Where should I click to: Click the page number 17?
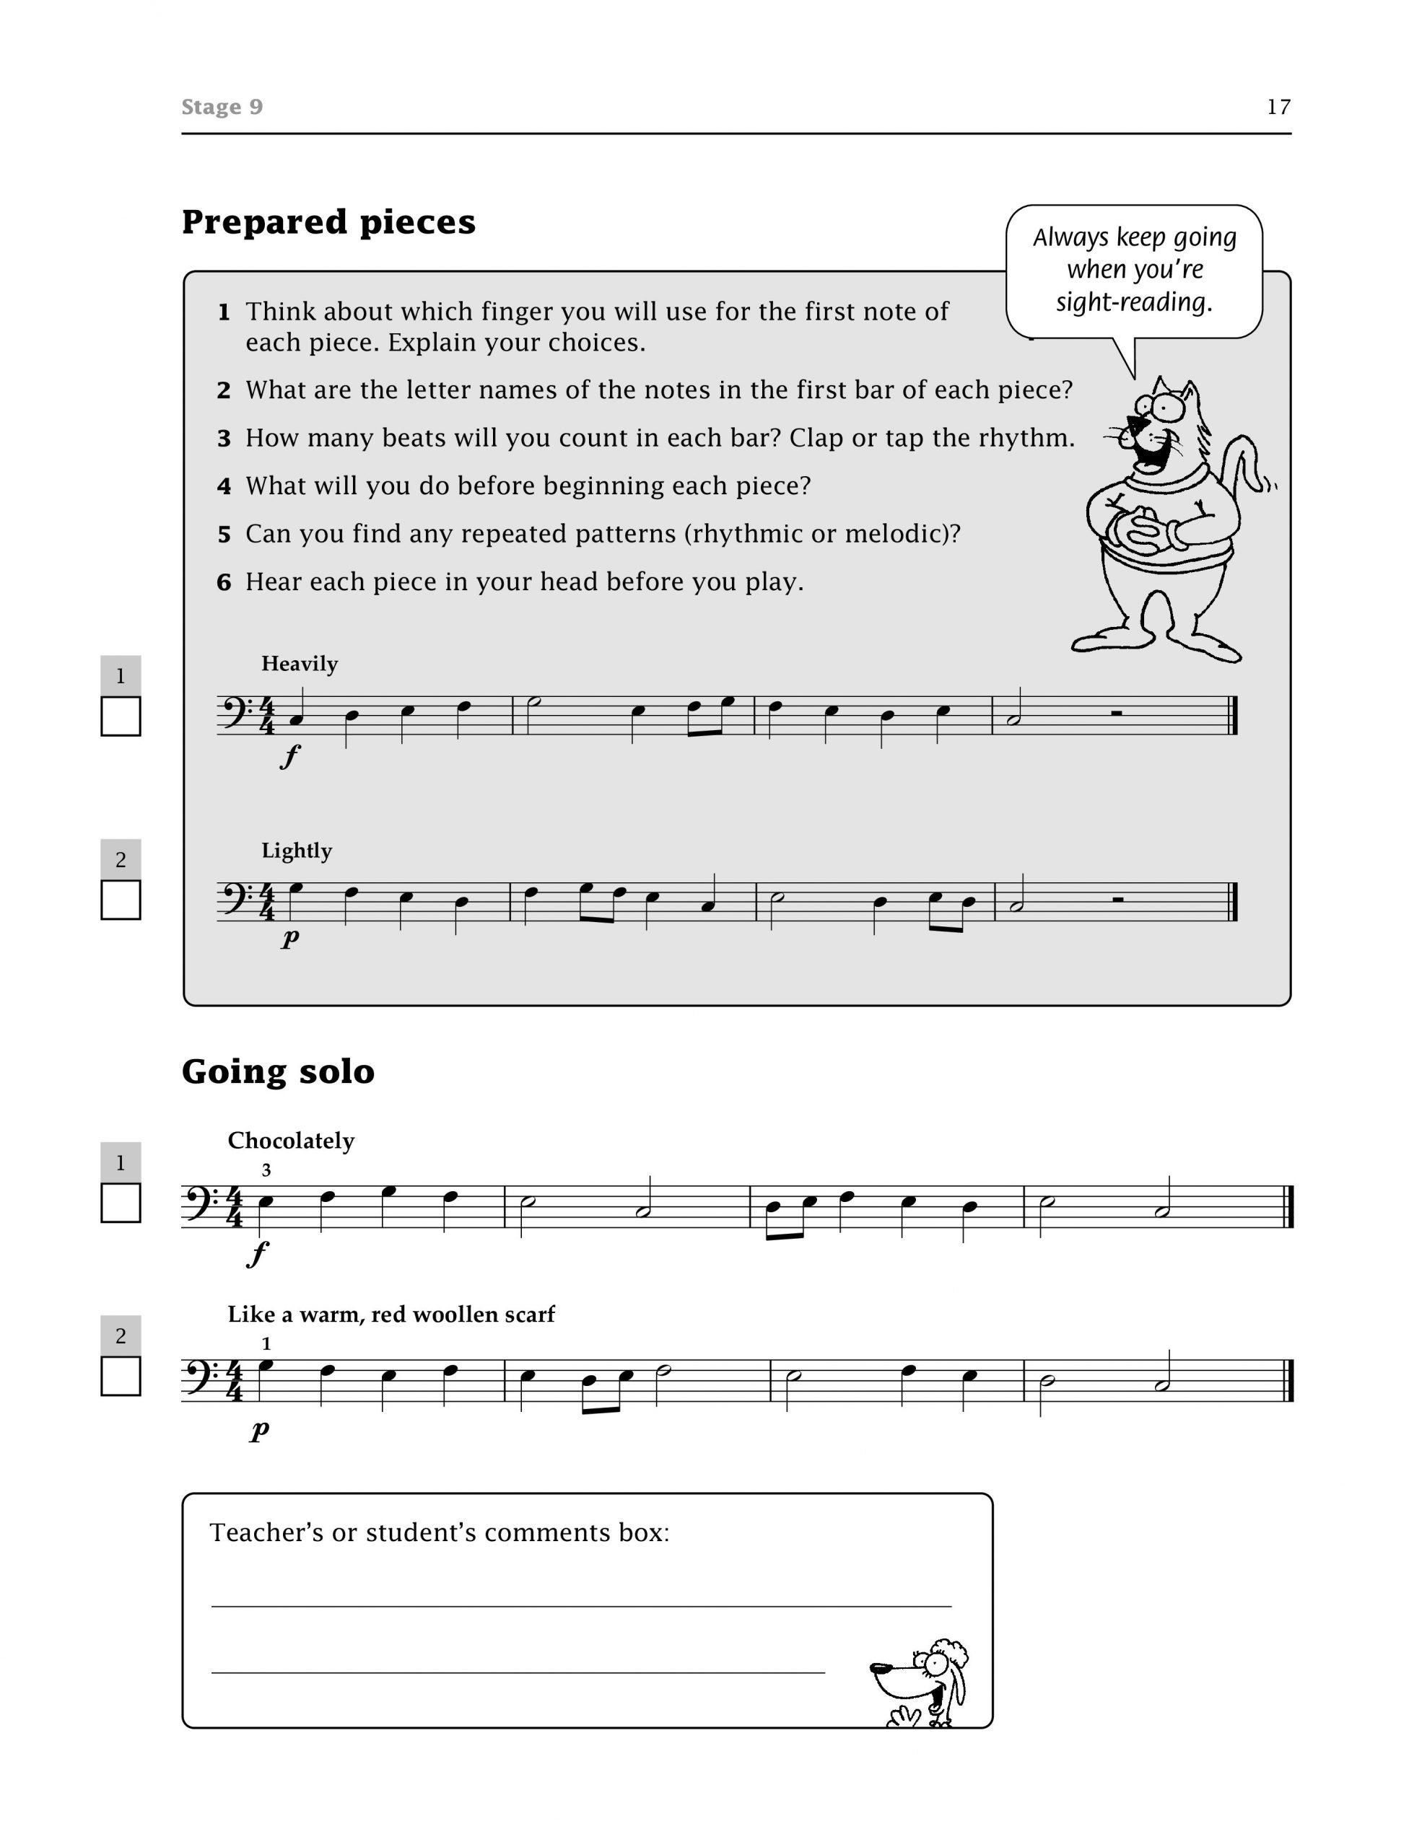[1278, 107]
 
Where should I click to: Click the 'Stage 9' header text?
[222, 107]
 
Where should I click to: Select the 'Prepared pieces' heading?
[328, 222]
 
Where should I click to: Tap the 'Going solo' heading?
[278, 1071]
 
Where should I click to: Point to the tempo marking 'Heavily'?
[300, 663]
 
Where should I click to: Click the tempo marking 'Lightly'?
[296, 850]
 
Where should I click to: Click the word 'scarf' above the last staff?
[528, 1314]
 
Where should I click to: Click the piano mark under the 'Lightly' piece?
[289, 937]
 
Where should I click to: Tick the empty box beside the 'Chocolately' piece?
[121, 1203]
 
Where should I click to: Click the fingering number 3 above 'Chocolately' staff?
[266, 1170]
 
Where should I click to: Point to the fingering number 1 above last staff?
[266, 1344]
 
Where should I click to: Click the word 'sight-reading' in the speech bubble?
[1134, 302]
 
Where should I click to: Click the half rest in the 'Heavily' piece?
[1116, 714]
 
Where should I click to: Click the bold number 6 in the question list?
[223, 582]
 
